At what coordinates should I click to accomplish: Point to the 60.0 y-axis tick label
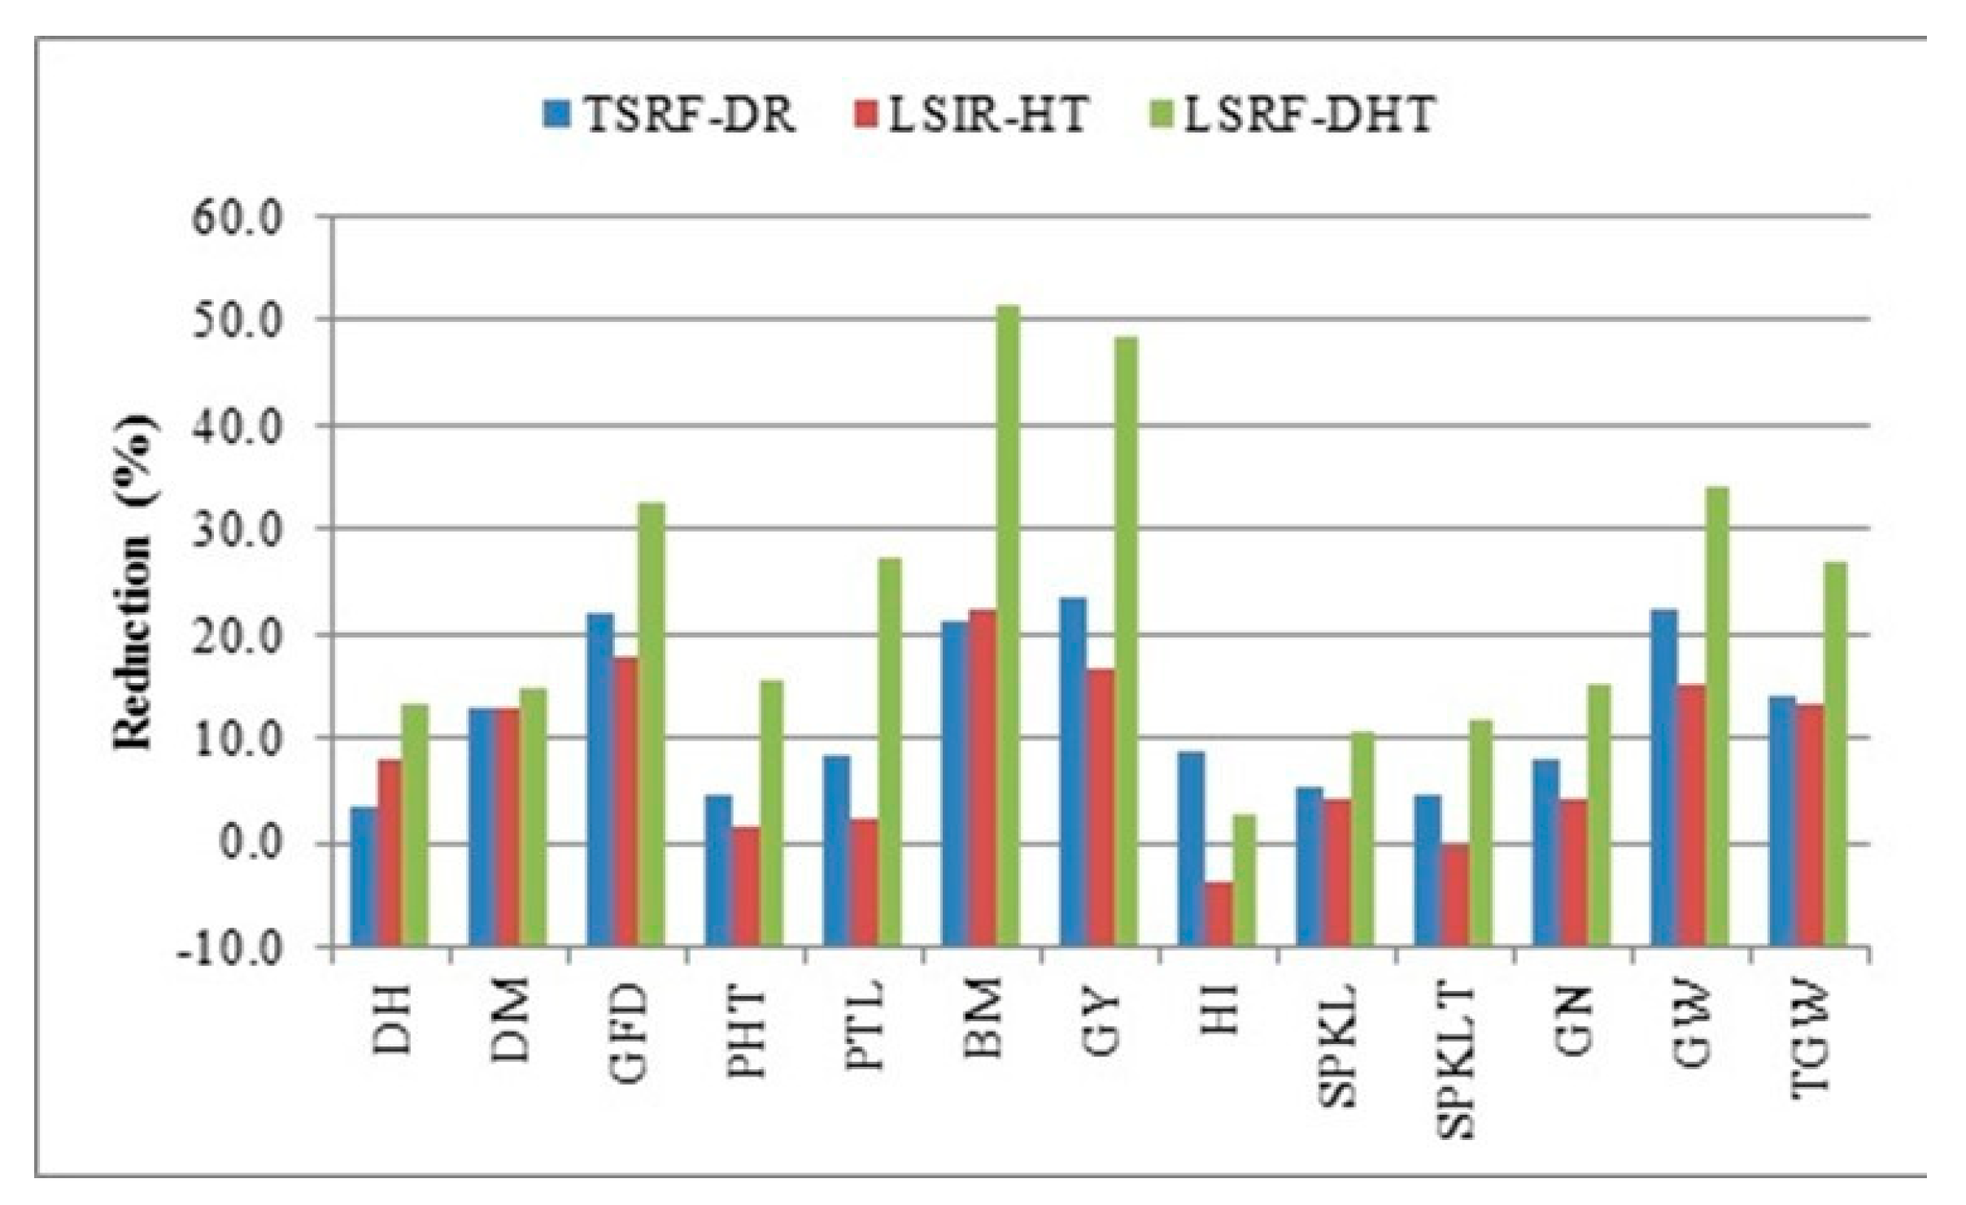(x=246, y=218)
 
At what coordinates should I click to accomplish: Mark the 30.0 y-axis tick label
(x=246, y=529)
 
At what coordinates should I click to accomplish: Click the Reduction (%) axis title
(x=133, y=581)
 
